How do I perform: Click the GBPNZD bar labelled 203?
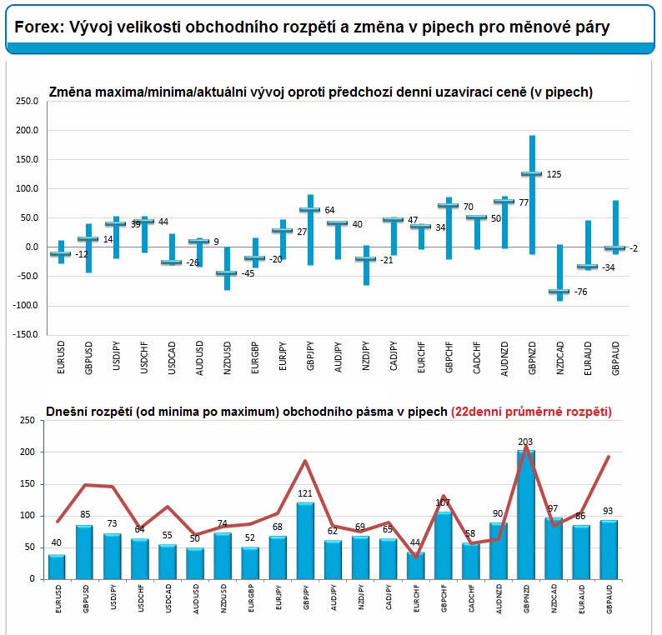point(526,514)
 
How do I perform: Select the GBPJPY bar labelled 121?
point(305,541)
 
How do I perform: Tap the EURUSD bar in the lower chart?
point(57,567)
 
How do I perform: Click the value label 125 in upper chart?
point(554,174)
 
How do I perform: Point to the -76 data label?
point(580,292)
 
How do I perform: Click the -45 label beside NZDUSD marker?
point(248,273)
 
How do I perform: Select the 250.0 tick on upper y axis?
point(27,102)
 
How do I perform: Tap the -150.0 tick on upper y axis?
point(25,334)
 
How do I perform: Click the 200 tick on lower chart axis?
point(27,452)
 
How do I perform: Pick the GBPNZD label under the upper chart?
point(532,357)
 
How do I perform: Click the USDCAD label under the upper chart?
point(172,357)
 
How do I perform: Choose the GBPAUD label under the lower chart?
point(609,599)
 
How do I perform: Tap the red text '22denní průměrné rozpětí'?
point(532,412)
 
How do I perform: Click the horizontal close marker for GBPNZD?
point(532,173)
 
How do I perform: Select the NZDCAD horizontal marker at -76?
point(559,291)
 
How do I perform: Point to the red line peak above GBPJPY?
point(305,461)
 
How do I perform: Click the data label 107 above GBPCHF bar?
point(443,502)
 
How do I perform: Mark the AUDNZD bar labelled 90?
point(499,551)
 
